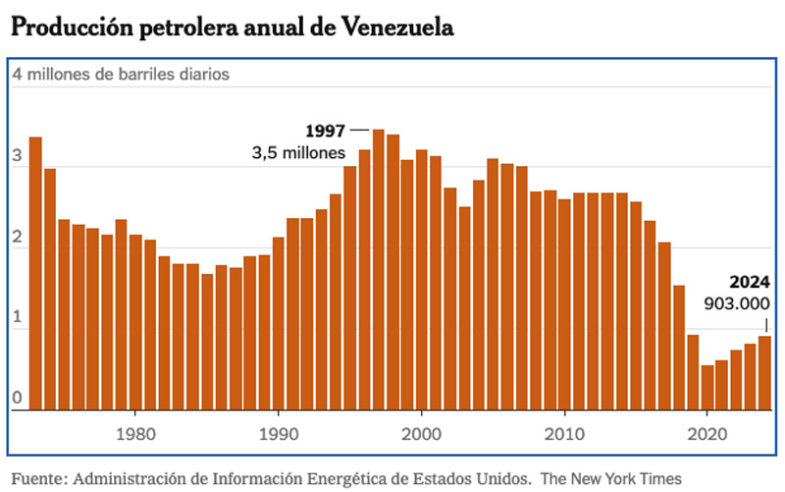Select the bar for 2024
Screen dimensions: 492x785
pos(763,373)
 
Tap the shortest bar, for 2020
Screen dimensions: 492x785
pos(706,388)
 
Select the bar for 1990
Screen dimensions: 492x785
pos(278,323)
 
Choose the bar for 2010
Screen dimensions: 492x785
pos(564,304)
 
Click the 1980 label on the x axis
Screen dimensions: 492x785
pos(135,433)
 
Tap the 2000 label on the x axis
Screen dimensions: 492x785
pos(421,433)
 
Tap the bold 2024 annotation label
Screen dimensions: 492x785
pos(750,282)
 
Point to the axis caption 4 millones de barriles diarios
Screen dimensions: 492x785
pos(121,74)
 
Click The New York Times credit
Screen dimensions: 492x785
pos(612,477)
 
